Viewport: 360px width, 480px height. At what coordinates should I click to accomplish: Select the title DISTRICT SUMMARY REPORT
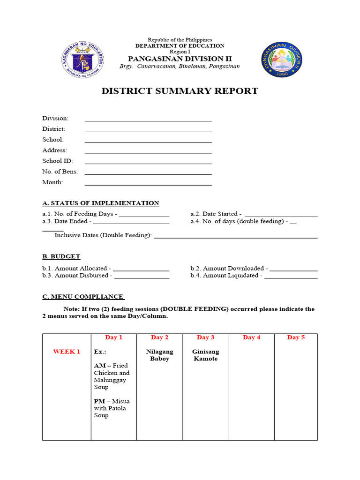tap(180, 91)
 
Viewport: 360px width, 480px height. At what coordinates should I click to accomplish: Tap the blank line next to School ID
tap(148, 161)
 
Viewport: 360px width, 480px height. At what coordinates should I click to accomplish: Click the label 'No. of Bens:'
tap(60, 172)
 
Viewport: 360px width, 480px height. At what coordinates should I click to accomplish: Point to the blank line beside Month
tap(148, 183)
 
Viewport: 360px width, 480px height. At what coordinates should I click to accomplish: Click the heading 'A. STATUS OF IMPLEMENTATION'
tap(100, 203)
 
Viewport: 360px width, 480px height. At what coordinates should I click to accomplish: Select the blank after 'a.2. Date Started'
tap(281, 215)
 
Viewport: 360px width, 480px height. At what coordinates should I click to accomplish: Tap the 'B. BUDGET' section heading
tap(61, 256)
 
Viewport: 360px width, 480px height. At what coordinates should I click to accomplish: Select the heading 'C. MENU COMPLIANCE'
tap(83, 296)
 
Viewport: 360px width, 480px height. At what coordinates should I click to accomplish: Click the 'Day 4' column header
tap(251, 337)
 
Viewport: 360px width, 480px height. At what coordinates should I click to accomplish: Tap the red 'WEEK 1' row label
tap(67, 352)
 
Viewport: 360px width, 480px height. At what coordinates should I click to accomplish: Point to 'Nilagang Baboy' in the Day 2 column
tap(159, 355)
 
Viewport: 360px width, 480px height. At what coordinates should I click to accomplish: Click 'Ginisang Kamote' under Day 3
tap(205, 355)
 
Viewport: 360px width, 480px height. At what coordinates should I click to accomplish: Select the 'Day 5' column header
tap(296, 337)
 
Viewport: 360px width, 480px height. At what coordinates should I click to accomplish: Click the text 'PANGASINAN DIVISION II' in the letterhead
tap(180, 59)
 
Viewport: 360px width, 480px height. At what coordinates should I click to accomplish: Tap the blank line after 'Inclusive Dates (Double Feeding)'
tap(235, 236)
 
